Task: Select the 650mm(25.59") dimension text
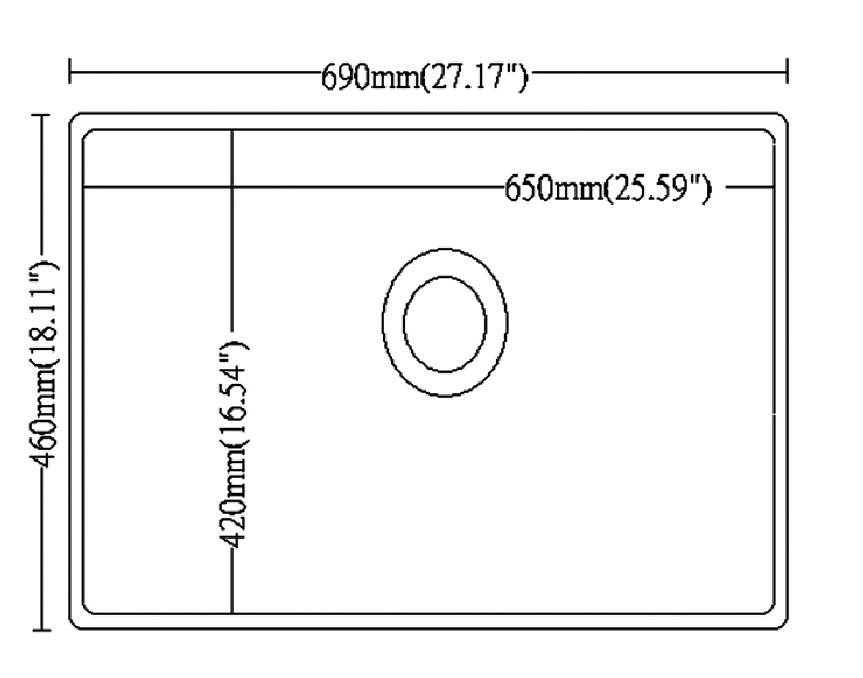pyautogui.click(x=608, y=190)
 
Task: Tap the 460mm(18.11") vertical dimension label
pyautogui.click(x=44, y=364)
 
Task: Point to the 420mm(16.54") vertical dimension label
pyautogui.click(x=233, y=444)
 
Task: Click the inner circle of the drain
pyautogui.click(x=445, y=324)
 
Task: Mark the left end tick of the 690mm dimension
pyautogui.click(x=70, y=71)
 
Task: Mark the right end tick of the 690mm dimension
pyautogui.click(x=787, y=71)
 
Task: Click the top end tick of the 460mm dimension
pyautogui.click(x=41, y=115)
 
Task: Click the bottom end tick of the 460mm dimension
pyautogui.click(x=41, y=630)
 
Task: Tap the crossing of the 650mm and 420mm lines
pyautogui.click(x=232, y=186)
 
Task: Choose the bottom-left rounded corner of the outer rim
pyautogui.click(x=74, y=625)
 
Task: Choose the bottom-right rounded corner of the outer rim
pyautogui.click(x=783, y=625)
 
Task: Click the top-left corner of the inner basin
pyautogui.click(x=87, y=133)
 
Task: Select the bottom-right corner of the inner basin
pyautogui.click(x=770, y=609)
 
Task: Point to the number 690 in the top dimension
pyautogui.click(x=344, y=77)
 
